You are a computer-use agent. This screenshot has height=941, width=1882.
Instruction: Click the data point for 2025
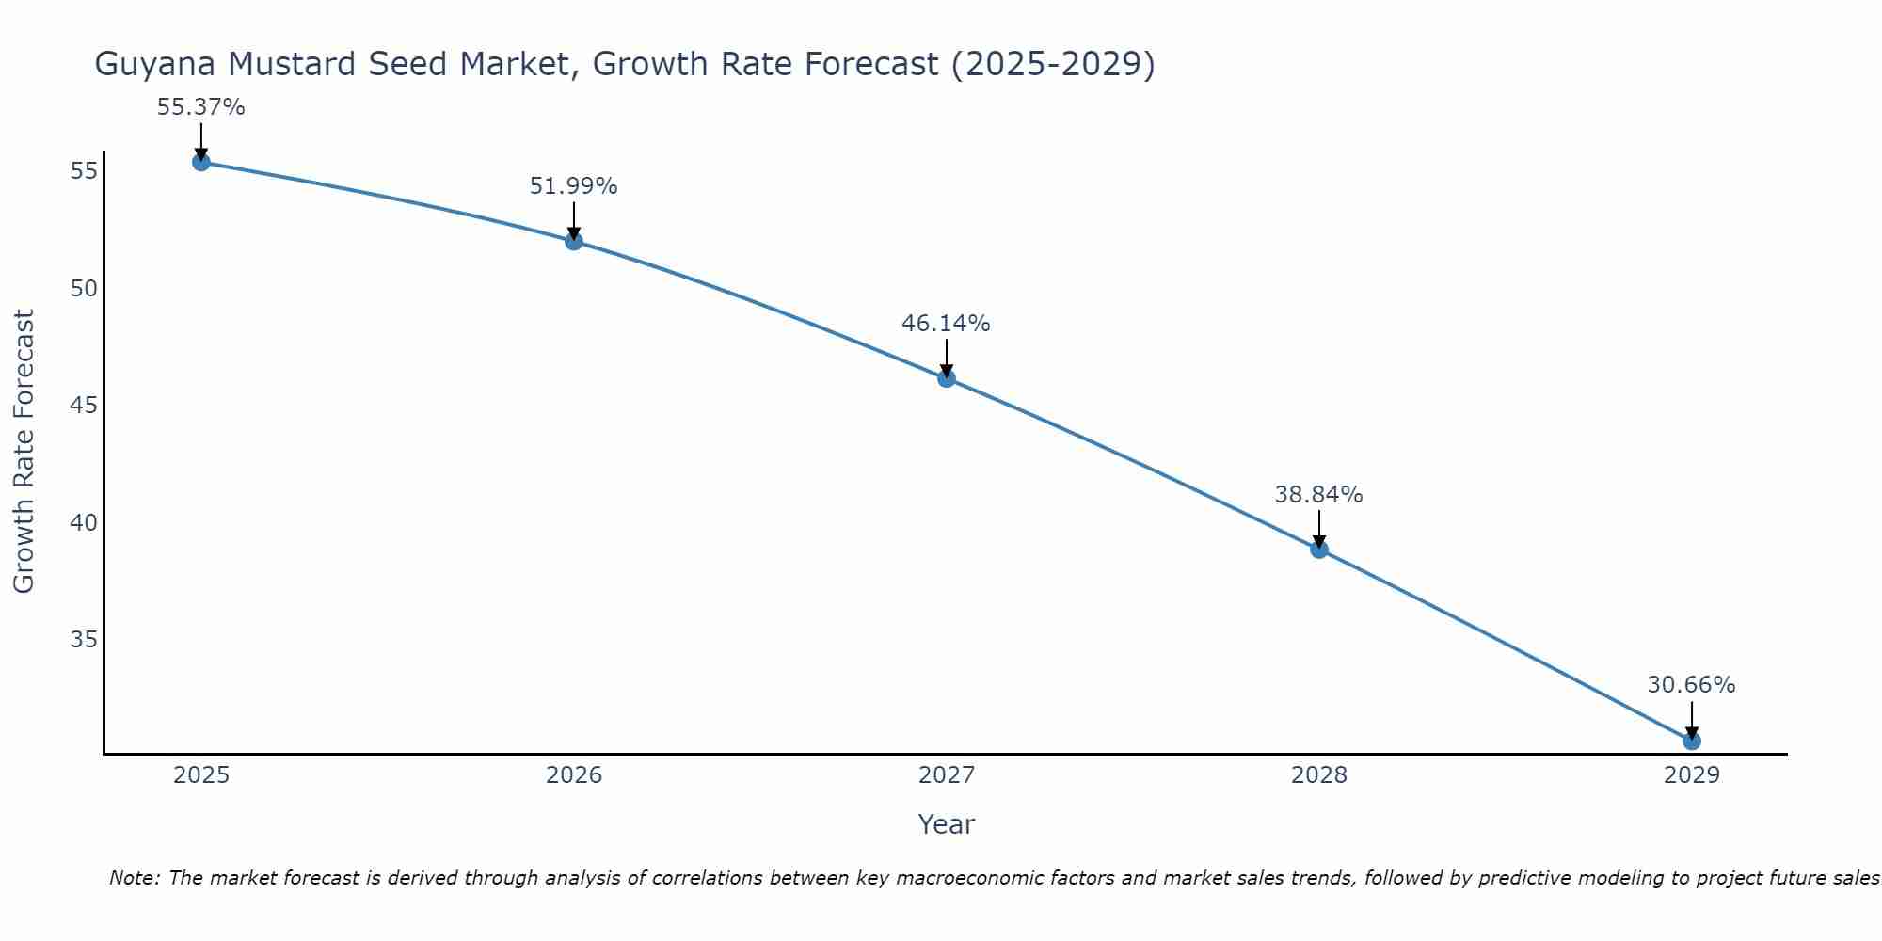[201, 162]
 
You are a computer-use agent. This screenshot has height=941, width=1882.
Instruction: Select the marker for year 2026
[574, 241]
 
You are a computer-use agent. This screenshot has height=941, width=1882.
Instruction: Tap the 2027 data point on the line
[947, 378]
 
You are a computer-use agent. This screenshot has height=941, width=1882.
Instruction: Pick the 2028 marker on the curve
[1319, 550]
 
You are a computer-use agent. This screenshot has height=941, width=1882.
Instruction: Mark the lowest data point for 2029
[1692, 742]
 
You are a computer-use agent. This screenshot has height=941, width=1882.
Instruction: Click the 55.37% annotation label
[201, 107]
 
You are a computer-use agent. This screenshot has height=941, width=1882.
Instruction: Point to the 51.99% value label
[574, 186]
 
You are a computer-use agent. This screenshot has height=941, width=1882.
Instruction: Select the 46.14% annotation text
[947, 324]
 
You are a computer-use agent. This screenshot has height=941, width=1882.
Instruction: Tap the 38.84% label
[1319, 495]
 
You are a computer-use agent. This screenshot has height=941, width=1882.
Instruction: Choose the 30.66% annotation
[1692, 685]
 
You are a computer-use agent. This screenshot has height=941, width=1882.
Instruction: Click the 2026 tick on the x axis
[574, 775]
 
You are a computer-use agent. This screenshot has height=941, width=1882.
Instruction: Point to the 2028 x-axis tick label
[1319, 775]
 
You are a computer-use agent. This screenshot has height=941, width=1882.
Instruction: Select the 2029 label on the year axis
[1692, 775]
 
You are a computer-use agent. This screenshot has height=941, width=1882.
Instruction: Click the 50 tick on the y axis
[84, 288]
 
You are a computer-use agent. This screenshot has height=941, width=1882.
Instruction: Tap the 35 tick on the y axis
[84, 640]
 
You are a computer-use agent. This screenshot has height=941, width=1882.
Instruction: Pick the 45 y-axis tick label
[84, 406]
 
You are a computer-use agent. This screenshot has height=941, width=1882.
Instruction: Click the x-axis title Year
[947, 824]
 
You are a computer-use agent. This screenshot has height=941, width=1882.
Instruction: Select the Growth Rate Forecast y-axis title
[24, 452]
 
